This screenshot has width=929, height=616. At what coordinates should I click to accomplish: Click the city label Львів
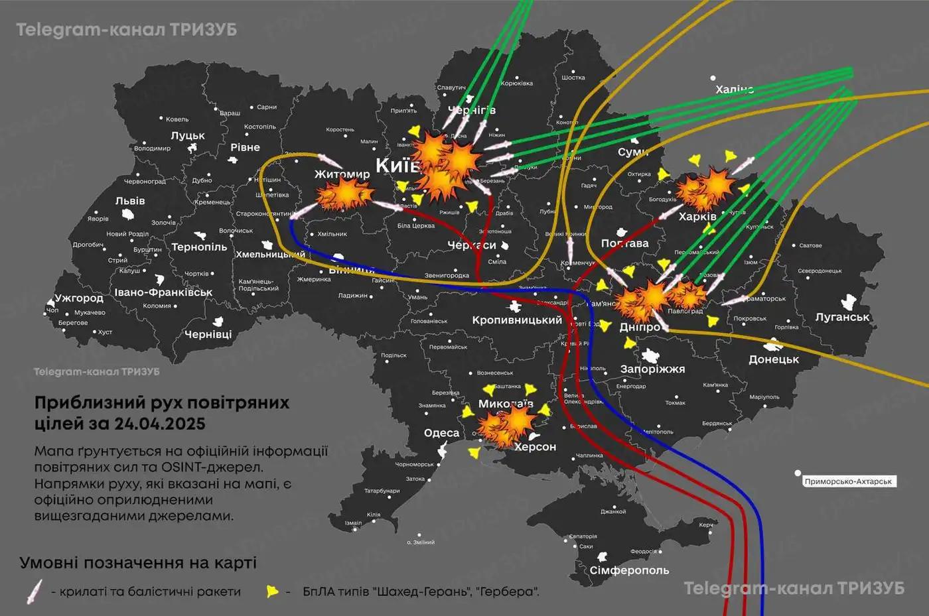130,201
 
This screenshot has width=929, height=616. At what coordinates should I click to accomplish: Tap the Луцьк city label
188,135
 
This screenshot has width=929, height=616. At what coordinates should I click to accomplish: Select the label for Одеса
441,433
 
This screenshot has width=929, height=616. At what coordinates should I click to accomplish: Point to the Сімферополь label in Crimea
629,570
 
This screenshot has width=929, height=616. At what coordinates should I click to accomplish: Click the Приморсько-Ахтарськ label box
848,481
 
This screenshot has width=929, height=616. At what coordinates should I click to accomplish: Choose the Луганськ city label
842,317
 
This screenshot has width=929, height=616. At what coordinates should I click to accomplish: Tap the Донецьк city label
774,359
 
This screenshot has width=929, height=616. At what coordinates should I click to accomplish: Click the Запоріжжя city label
652,369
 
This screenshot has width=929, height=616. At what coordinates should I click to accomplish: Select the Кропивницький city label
517,320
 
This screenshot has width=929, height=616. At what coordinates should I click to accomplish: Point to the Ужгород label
79,298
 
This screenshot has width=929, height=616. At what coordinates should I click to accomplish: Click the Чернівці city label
208,334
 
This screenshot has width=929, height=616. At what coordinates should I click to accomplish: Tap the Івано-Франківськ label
163,292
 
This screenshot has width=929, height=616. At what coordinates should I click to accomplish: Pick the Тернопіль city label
199,247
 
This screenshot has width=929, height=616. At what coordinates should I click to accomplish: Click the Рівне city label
245,147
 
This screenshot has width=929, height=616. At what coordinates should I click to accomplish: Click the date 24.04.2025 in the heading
159,424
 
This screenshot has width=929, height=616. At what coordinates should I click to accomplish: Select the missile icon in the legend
34,591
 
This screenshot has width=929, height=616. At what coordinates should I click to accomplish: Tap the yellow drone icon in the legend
271,591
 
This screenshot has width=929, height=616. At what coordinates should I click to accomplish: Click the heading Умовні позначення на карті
138,563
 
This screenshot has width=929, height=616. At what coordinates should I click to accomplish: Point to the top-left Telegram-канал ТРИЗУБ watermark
126,30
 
